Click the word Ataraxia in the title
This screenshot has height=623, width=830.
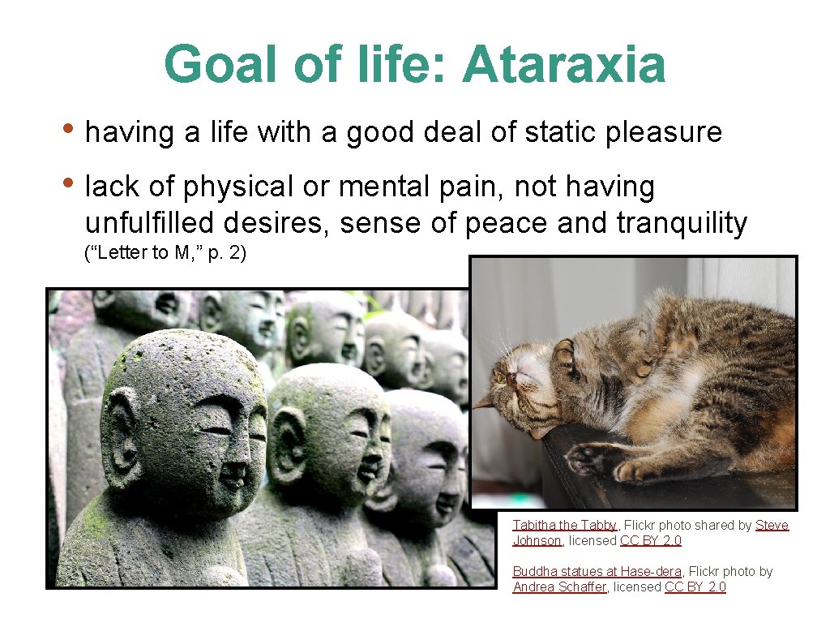click(x=564, y=65)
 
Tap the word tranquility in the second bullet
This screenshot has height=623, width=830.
click(x=682, y=222)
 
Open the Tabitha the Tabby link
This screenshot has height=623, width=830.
click(x=565, y=526)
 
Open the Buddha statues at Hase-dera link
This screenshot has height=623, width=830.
click(x=597, y=572)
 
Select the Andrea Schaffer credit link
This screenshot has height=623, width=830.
click(x=559, y=587)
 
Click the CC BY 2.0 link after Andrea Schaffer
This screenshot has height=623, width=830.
click(x=695, y=587)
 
